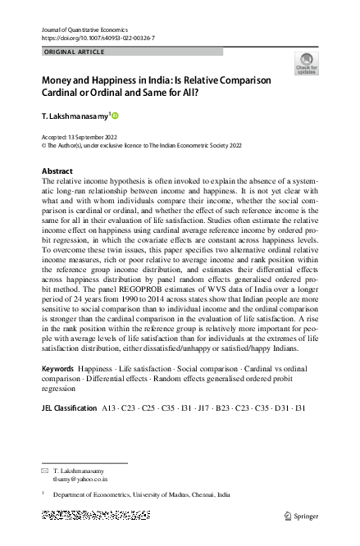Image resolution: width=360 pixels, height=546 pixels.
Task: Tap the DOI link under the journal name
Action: [x=98, y=38]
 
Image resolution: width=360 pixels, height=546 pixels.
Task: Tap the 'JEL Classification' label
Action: [x=69, y=407]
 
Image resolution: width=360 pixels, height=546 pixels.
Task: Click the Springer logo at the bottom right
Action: [x=301, y=516]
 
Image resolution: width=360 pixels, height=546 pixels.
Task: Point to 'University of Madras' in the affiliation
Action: [x=155, y=495]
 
